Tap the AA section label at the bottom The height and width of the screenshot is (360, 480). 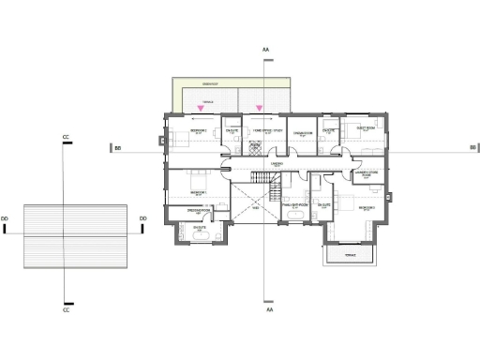[268, 308]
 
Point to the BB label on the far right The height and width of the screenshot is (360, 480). [473, 147]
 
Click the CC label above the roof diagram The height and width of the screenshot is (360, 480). [66, 138]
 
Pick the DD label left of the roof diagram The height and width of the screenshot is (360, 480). [6, 218]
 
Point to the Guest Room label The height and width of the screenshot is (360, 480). [365, 127]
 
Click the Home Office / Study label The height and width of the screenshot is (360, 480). [264, 130]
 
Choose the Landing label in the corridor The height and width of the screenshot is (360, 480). [277, 163]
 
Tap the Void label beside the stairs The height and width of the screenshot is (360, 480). [255, 208]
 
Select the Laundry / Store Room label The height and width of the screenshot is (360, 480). [366, 172]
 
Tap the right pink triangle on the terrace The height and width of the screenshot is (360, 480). [260, 109]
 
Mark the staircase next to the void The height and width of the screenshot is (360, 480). [276, 191]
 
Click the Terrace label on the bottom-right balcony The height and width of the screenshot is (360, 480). [350, 254]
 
